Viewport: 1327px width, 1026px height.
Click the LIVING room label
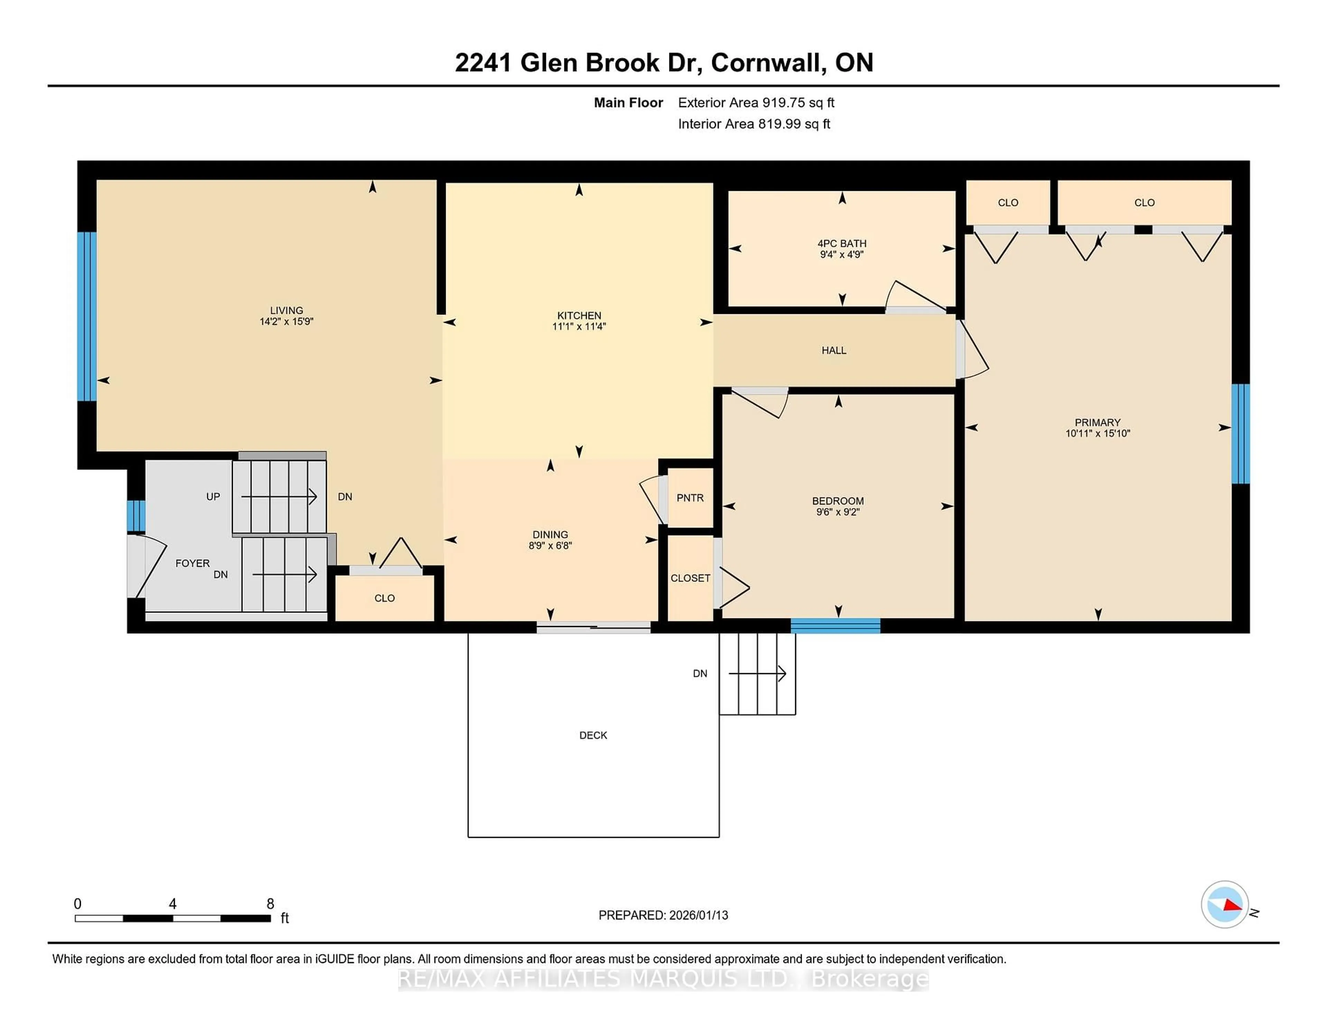coord(286,310)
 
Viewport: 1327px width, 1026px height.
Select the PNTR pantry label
coord(690,498)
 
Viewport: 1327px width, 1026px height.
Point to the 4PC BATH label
coord(841,243)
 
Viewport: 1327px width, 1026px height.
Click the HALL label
coord(834,350)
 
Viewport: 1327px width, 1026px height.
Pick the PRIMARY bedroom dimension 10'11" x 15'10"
coord(1097,433)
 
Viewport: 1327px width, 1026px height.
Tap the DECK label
coord(593,735)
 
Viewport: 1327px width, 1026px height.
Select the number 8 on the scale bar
coord(270,904)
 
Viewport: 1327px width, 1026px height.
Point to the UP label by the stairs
coord(213,497)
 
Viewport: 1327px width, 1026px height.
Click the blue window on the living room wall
coord(87,316)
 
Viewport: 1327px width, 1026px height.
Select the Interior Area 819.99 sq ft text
coord(753,124)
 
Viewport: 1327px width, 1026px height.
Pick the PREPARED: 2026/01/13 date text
coord(663,915)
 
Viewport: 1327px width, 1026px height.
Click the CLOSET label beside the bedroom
coord(690,578)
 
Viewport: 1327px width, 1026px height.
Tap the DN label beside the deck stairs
coord(700,673)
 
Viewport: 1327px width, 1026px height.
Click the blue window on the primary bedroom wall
coord(1240,433)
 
